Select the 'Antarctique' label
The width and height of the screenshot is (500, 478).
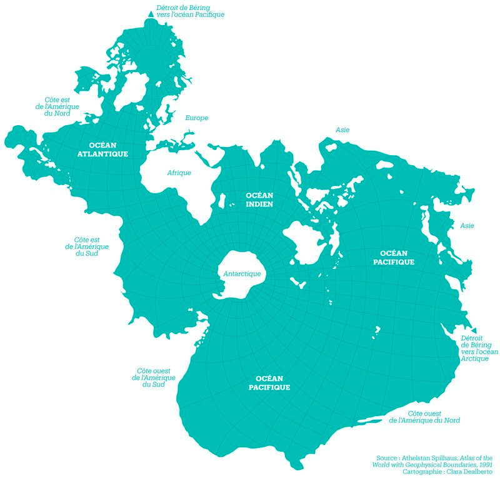pos(242,274)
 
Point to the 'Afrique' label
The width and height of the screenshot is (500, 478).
pos(179,173)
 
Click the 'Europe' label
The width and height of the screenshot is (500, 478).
pos(196,118)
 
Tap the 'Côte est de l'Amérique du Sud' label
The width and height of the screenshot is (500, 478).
pos(87,247)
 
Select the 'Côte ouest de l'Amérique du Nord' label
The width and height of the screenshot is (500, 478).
pos(424,417)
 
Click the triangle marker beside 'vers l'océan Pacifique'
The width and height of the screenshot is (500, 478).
pos(150,13)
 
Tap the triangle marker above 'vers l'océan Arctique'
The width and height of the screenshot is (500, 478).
pos(474,330)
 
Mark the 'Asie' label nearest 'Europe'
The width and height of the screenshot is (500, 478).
pos(342,130)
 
